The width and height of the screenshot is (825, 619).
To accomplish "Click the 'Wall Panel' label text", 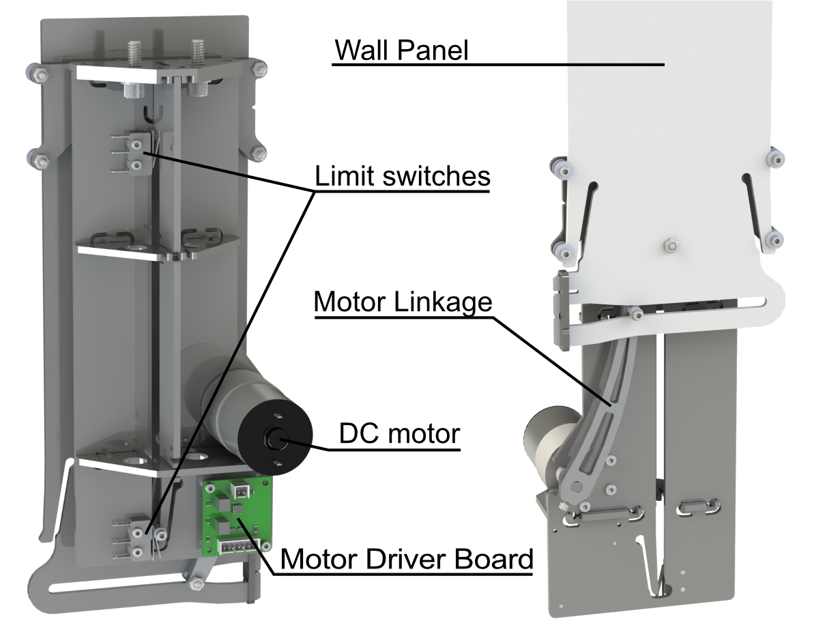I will [402, 51].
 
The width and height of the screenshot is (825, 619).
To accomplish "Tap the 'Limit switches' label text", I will [402, 176].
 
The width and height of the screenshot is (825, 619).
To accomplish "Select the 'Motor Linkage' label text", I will [403, 302].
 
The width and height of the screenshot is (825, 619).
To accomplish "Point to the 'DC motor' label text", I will [400, 433].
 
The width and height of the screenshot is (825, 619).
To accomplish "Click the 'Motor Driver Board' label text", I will [406, 559].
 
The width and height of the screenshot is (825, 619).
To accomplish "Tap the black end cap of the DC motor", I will [276, 437].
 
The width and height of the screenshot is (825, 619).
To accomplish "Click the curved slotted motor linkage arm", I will [604, 409].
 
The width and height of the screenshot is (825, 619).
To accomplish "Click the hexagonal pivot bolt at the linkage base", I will [578, 485].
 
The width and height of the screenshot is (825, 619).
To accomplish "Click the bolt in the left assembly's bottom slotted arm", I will [198, 584].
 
